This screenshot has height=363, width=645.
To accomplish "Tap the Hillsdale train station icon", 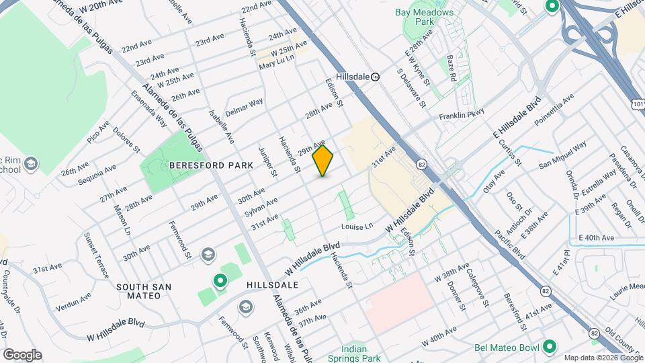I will click(376, 77).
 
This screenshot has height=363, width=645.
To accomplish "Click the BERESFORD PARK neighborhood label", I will click(211, 165).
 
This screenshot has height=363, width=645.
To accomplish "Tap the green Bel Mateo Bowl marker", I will click(550, 347).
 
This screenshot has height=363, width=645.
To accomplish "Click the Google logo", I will click(22, 355).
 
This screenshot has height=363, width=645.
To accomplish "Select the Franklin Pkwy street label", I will click(462, 116).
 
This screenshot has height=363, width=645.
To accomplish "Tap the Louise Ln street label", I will click(357, 227).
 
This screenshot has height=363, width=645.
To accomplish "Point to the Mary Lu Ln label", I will click(276, 58).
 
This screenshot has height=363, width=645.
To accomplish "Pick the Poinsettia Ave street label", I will click(554, 110).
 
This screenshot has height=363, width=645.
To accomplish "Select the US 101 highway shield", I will click(636, 102).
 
